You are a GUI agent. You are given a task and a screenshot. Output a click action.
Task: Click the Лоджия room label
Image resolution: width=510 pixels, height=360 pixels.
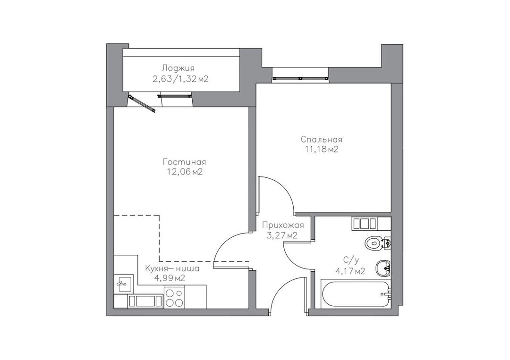178,68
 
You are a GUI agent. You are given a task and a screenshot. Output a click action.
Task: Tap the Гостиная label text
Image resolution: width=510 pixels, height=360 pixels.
185,162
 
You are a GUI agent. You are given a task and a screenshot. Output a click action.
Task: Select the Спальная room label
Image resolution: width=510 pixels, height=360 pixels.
322,140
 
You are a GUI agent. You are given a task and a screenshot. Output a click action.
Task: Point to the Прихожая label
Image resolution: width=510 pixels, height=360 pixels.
283,225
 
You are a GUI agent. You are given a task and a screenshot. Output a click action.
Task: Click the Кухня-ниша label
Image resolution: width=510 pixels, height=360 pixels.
172,268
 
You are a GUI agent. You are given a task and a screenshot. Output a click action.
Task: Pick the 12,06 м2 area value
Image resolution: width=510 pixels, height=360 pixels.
185,172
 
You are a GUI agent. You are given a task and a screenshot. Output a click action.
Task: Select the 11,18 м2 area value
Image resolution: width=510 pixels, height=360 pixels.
321,150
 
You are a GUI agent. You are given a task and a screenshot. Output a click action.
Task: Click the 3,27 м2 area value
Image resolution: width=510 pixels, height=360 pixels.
282,235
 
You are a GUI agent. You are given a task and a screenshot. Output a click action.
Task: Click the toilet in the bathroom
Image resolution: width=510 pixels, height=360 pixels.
377,243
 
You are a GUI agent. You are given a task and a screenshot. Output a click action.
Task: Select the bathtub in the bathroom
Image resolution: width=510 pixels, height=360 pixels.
356,294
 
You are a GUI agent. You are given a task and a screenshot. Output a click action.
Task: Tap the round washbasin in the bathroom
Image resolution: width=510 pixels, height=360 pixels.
383,268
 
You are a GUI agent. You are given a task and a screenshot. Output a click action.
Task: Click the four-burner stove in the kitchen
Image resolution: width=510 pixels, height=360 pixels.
174,298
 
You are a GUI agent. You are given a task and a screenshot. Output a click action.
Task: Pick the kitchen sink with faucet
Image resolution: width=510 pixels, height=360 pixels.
124,283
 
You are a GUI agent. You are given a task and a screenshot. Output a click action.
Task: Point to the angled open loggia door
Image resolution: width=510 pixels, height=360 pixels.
142,104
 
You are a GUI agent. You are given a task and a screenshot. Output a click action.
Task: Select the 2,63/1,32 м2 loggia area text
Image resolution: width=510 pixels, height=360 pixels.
180,79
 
